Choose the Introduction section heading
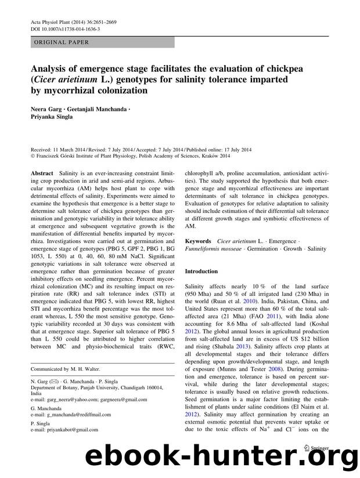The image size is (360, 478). tap(201, 271)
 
